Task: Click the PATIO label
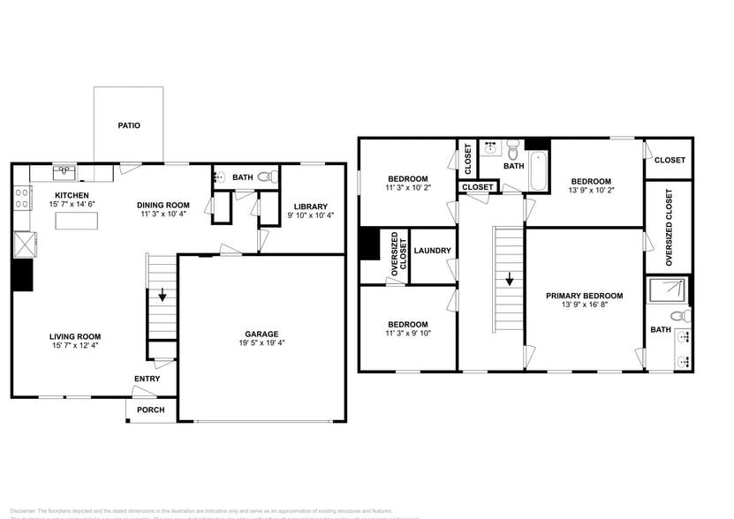pyautogui.click(x=129, y=125)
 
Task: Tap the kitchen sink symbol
pyautogui.click(x=64, y=170)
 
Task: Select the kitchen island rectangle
pyautogui.click(x=76, y=221)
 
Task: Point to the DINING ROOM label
pyautogui.click(x=164, y=205)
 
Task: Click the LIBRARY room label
pyautogui.click(x=310, y=207)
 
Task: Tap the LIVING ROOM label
pyautogui.click(x=74, y=336)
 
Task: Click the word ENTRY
pyautogui.click(x=147, y=380)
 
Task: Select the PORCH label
pyautogui.click(x=150, y=410)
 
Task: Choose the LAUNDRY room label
pyautogui.click(x=432, y=251)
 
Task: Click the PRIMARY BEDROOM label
pyautogui.click(x=584, y=296)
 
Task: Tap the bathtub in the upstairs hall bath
pyautogui.click(x=538, y=172)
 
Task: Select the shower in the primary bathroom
pyautogui.click(x=668, y=290)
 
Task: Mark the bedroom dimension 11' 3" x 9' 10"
pyautogui.click(x=406, y=334)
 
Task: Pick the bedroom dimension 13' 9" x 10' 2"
pyautogui.click(x=591, y=189)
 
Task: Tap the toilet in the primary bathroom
pyautogui.click(x=677, y=314)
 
